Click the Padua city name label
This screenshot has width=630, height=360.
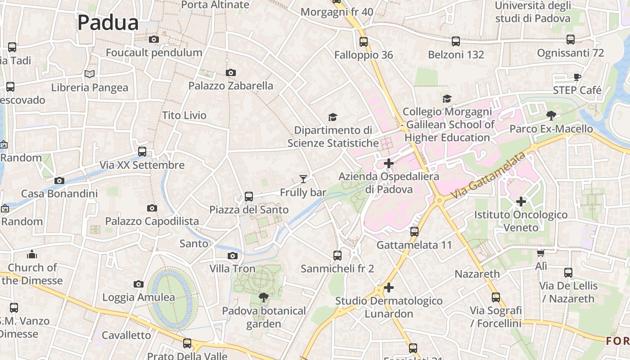(x=108, y=22)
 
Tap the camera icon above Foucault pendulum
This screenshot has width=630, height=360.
(x=154, y=40)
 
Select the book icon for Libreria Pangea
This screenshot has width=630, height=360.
(x=90, y=74)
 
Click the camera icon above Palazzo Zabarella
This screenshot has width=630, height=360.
(x=230, y=72)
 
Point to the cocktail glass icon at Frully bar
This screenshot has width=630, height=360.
(x=303, y=179)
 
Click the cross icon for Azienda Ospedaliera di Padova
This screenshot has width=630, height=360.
(x=389, y=163)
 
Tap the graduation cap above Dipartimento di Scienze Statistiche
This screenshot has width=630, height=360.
(x=333, y=117)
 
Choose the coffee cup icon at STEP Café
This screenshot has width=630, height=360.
(x=577, y=77)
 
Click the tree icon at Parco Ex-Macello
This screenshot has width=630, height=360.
(x=551, y=116)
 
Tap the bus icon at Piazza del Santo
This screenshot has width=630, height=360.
(x=249, y=196)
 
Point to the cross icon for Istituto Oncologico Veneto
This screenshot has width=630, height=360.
(x=521, y=201)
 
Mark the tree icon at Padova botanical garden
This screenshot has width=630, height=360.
(x=264, y=297)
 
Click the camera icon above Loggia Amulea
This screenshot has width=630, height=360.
(x=139, y=284)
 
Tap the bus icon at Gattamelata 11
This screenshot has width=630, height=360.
(x=414, y=232)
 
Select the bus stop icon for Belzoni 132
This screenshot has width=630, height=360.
(x=456, y=41)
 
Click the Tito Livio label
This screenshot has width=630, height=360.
(x=184, y=115)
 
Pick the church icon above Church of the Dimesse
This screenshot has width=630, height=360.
(x=32, y=254)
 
